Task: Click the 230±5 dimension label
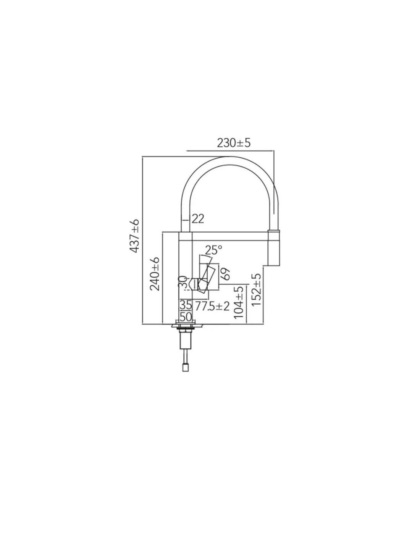[233, 143]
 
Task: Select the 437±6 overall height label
[135, 236]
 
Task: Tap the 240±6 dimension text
[155, 274]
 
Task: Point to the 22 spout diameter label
[198, 219]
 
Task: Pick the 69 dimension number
[225, 274]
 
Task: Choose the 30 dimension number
[183, 283]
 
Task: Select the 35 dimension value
[186, 305]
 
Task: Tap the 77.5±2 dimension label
[212, 306]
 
